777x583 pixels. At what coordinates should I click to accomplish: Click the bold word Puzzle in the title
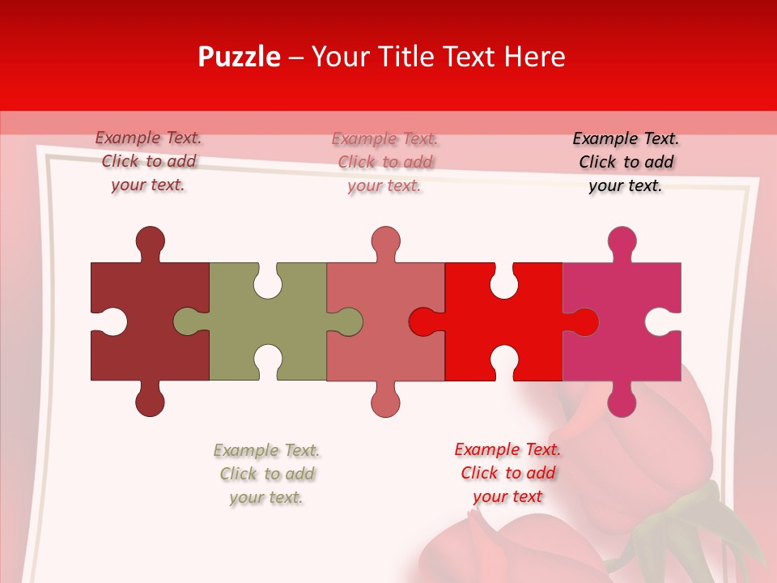click(240, 57)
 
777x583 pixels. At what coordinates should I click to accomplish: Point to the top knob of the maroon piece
click(150, 241)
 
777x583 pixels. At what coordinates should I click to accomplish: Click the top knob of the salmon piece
click(386, 241)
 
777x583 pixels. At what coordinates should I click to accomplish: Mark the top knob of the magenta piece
click(622, 241)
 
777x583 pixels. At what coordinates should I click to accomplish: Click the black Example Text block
click(626, 162)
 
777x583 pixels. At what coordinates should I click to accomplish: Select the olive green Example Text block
click(266, 474)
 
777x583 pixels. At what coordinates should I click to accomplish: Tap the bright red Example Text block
click(507, 473)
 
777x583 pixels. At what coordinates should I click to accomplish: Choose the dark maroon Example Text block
click(148, 161)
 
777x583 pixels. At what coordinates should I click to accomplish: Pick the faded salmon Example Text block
click(384, 162)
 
